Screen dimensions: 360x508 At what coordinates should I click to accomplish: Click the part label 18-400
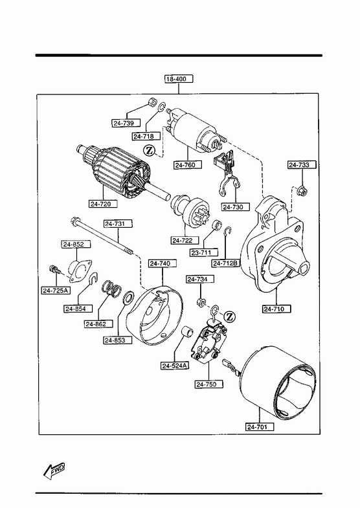tap(179, 79)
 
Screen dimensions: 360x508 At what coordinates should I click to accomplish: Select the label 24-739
tap(127, 123)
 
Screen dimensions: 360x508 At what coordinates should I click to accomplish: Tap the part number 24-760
tap(188, 165)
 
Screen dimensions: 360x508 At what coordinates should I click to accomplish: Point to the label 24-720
tap(104, 204)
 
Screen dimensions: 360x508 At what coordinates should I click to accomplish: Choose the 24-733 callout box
tap(302, 165)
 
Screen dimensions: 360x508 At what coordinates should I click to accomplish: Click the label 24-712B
tap(226, 263)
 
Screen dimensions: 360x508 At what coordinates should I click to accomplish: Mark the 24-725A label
tap(56, 291)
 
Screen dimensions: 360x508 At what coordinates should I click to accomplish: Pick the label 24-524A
tap(175, 366)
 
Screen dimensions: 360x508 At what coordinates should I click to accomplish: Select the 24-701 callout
tap(260, 427)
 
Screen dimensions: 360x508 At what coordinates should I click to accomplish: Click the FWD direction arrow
tap(54, 470)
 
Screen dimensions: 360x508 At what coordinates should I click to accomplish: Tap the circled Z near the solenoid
tap(149, 150)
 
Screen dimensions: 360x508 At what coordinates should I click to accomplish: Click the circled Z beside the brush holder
tap(230, 316)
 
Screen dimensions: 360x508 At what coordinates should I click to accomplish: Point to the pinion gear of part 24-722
tap(198, 210)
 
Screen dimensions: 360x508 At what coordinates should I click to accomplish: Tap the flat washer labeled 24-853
tap(129, 298)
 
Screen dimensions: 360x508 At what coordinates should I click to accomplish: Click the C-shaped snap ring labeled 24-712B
tap(228, 230)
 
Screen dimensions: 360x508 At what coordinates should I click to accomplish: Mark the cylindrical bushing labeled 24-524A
tap(187, 332)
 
